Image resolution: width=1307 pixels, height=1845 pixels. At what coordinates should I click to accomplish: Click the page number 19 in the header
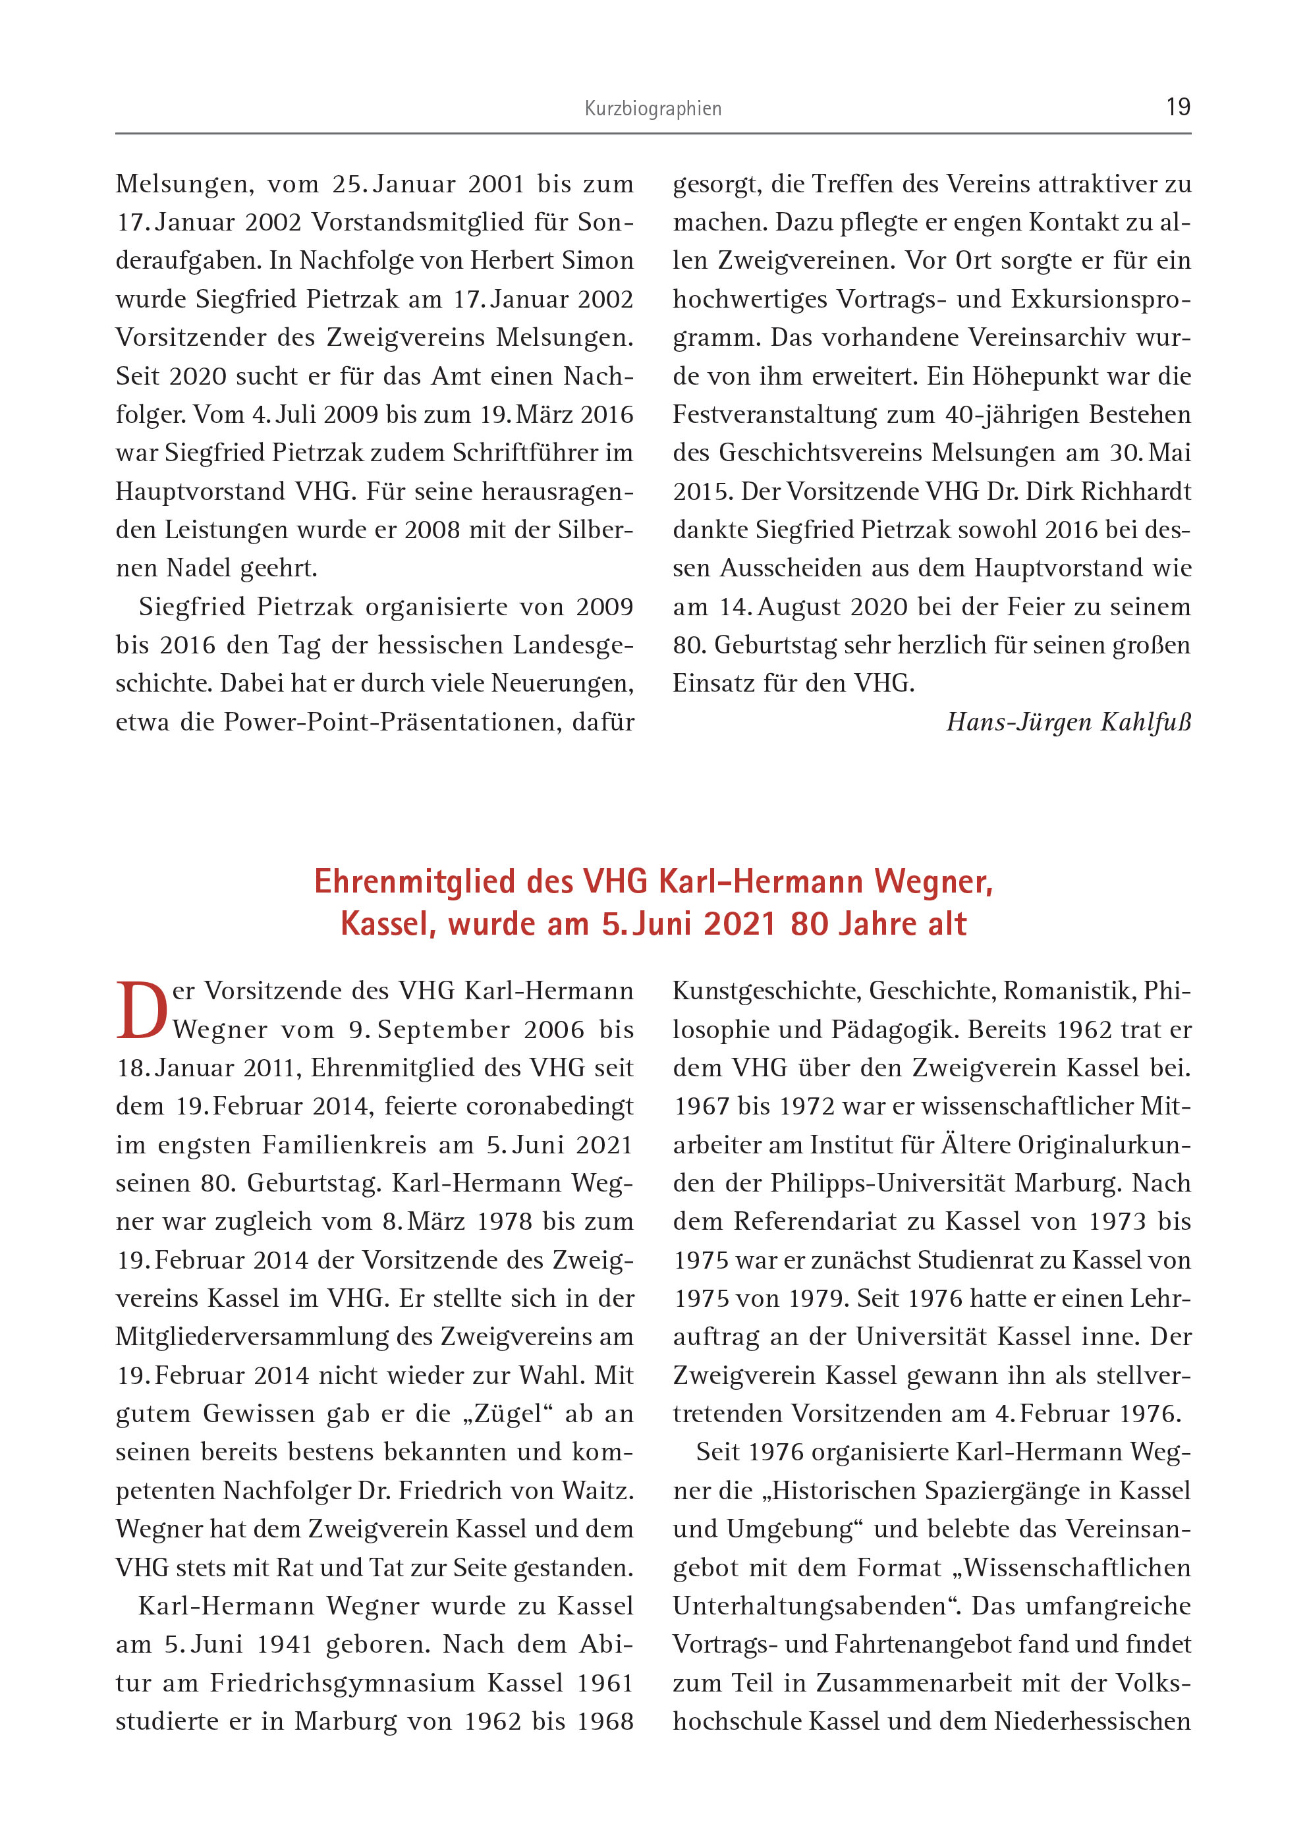click(x=1177, y=107)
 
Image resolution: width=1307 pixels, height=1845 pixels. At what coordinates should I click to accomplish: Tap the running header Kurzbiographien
click(x=653, y=109)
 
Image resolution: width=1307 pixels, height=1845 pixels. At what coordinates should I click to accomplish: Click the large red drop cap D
click(x=142, y=1010)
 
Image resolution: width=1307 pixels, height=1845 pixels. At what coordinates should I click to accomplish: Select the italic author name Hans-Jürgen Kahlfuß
click(x=1068, y=722)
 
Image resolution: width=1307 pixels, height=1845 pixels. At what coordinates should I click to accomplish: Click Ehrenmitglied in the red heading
click(x=414, y=882)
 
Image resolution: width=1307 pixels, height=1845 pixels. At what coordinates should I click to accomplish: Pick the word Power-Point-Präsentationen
click(x=392, y=722)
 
